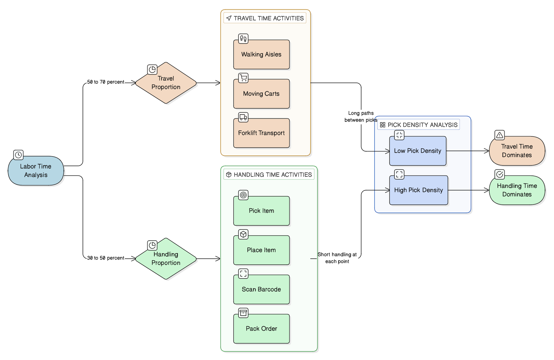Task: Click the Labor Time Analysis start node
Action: click(36, 171)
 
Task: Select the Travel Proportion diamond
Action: click(166, 83)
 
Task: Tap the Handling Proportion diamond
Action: click(166, 259)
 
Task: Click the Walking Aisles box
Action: click(261, 55)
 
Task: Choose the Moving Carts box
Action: click(261, 94)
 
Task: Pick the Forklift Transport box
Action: click(261, 133)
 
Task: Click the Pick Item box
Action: click(261, 211)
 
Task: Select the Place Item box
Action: click(261, 250)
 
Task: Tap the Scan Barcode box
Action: click(261, 289)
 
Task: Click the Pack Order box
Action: click(261, 329)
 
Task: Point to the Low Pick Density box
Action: click(418, 151)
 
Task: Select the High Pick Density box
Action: click(419, 190)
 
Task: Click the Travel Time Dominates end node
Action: click(517, 151)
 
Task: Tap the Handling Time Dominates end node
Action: click(517, 190)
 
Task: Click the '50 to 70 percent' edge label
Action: click(106, 82)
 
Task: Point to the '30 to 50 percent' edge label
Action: click(106, 258)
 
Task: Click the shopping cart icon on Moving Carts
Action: click(243, 78)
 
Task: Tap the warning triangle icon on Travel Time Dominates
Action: click(500, 135)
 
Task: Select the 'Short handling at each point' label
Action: click(337, 258)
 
